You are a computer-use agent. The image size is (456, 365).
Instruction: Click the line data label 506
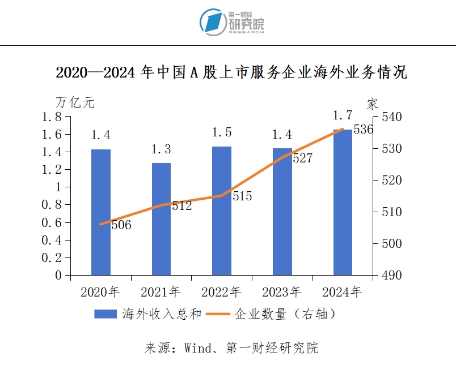pos(121,225)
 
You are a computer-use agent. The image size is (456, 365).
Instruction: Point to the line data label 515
pos(242,197)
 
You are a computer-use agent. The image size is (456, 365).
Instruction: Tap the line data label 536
pos(363,130)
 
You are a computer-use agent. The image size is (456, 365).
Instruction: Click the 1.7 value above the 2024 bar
pos(343,116)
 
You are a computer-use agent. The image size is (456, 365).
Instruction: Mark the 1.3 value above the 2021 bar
pos(161,149)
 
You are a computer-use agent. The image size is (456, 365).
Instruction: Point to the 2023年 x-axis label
pos(282,293)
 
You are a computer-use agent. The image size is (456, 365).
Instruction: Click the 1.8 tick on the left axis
pos(52,117)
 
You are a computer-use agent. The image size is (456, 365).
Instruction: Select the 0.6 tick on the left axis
pos(52,222)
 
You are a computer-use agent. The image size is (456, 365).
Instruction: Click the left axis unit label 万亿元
pos(75,103)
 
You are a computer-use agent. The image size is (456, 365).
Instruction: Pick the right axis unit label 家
pos(373,104)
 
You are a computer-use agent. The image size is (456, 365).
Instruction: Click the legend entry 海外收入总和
pos(162,315)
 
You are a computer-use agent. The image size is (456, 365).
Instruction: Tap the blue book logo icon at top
pos(213,22)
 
